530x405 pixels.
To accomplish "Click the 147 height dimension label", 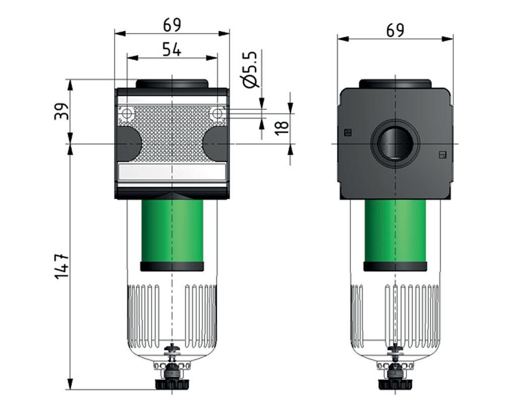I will pos(61,267).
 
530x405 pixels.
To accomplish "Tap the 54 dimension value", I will pos(172,49).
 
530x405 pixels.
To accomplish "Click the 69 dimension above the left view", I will pos(171,25).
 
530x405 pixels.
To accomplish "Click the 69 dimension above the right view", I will pos(395,30).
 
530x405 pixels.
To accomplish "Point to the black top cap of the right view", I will pos(395,84).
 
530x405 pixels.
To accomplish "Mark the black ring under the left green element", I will pos(172,267).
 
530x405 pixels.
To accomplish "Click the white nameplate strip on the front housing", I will pos(172,173).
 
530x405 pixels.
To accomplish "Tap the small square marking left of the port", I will pos(346,133).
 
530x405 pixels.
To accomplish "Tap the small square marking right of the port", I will pos(442,154).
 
